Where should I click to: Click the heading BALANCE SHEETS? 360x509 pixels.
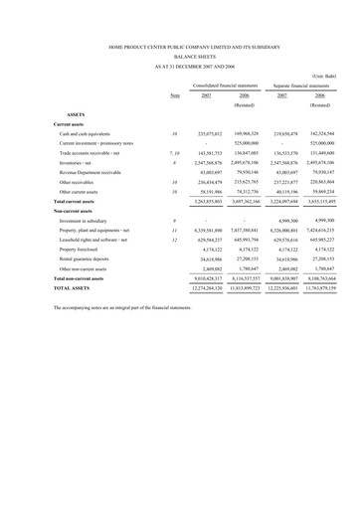(180, 56)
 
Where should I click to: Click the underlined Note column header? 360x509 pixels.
(175, 96)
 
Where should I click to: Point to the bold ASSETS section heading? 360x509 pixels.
(82, 114)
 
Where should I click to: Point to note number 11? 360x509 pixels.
(175, 231)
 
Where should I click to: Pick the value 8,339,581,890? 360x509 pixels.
(214, 231)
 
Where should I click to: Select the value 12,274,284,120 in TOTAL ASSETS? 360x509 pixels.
(213, 289)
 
